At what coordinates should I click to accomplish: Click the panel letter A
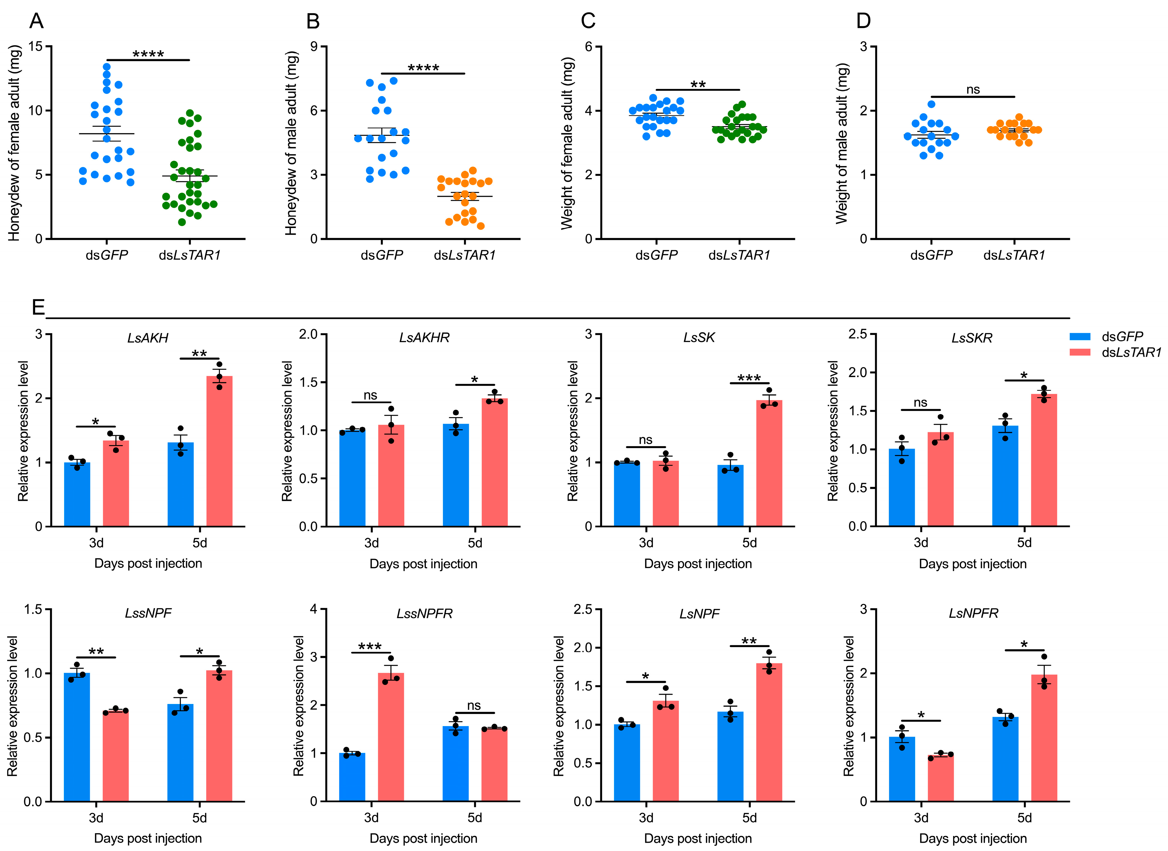pyautogui.click(x=36, y=21)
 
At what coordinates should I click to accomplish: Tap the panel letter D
pyautogui.click(x=863, y=21)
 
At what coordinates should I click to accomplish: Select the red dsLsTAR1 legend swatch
pyautogui.click(x=1080, y=352)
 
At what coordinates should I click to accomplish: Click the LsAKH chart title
pyautogui.click(x=148, y=338)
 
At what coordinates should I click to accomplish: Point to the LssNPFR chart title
pyautogui.click(x=424, y=614)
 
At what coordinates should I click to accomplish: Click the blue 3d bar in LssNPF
pyautogui.click(x=77, y=737)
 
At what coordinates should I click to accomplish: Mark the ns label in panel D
pyautogui.click(x=973, y=90)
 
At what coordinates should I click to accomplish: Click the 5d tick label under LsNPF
pyautogui.click(x=749, y=818)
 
